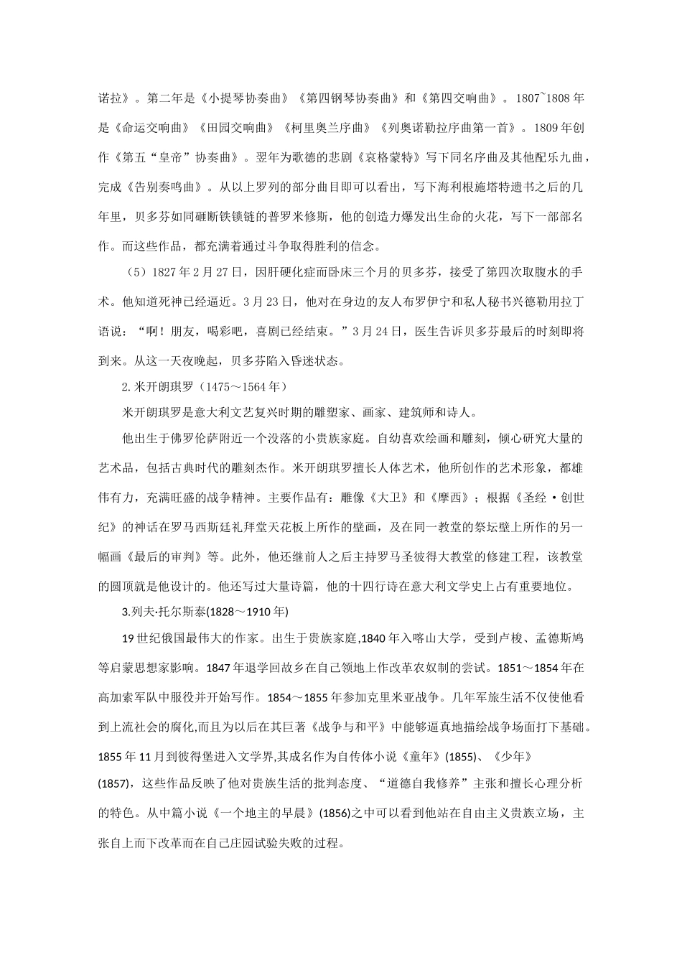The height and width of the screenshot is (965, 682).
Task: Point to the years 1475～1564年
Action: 243,387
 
